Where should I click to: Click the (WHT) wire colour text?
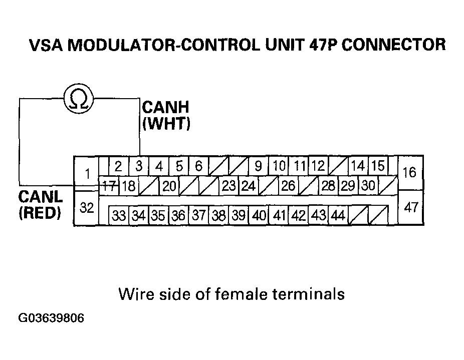click(x=166, y=124)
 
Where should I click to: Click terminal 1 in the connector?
click(x=87, y=174)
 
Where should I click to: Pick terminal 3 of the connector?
click(x=139, y=166)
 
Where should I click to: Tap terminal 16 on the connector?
click(x=409, y=172)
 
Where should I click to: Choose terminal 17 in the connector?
click(x=108, y=186)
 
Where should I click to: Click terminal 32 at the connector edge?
click(x=87, y=208)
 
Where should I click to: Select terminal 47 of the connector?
click(x=410, y=207)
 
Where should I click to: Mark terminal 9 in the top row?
click(x=258, y=166)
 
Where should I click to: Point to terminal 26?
click(x=288, y=186)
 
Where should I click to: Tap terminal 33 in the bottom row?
click(x=119, y=216)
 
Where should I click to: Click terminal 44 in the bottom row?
click(x=338, y=216)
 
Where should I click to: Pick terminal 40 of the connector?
click(x=259, y=216)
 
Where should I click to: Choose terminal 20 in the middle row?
click(x=169, y=186)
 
